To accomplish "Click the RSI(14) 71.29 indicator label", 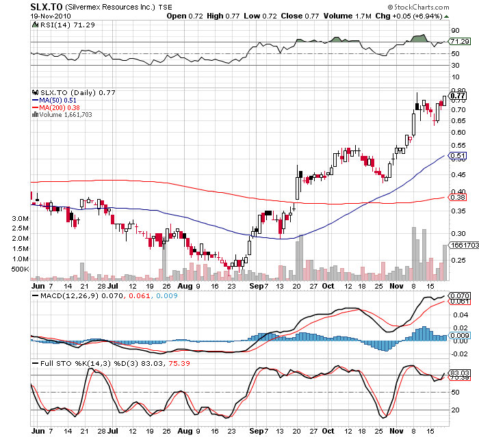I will pos(59,24).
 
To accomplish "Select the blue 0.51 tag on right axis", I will pos(458,156).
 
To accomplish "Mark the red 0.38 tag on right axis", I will pos(458,198).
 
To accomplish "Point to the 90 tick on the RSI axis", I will pos(454,31).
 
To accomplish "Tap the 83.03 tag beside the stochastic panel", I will pos(458,373).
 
